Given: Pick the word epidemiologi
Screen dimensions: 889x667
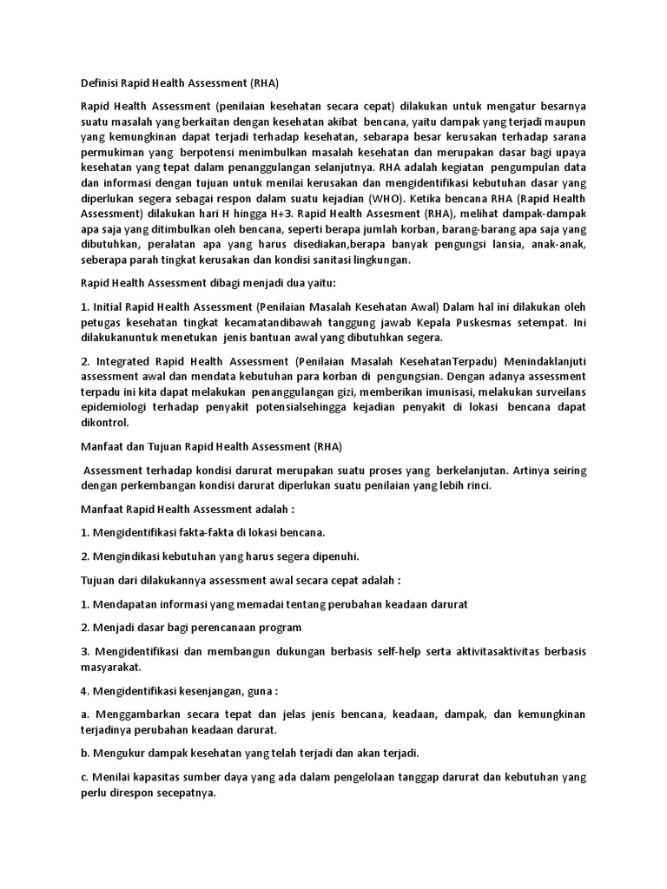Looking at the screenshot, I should pyautogui.click(x=113, y=407).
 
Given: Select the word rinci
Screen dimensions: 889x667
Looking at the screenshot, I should pyautogui.click(x=478, y=485).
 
